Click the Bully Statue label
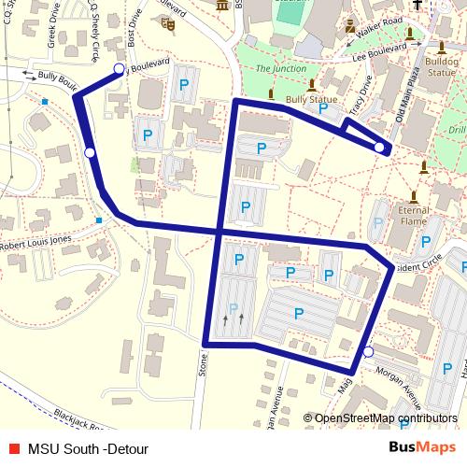pos(311,97)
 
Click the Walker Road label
pos(379,19)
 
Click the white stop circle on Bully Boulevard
pos(118,69)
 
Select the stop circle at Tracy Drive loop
pos(379,147)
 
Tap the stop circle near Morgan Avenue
pos(368,352)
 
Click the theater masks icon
pos(169,23)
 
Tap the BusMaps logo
pos(423,448)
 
